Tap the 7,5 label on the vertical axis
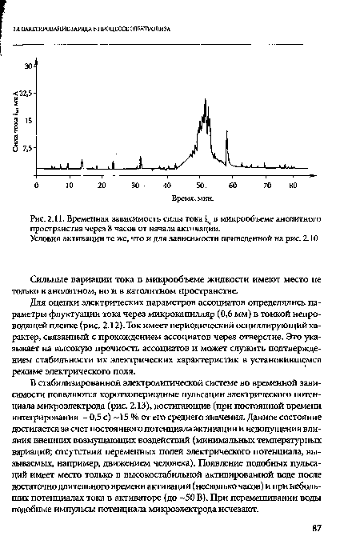click(x=27, y=148)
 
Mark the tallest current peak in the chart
click(x=206, y=80)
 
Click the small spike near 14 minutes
click(x=82, y=163)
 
